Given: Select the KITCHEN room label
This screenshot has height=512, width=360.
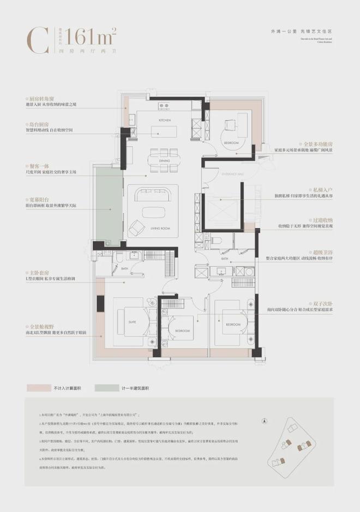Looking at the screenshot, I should [165, 119].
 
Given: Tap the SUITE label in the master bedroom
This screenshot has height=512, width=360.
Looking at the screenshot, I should [133, 322].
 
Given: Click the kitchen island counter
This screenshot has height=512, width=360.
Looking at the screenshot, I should [165, 131].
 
